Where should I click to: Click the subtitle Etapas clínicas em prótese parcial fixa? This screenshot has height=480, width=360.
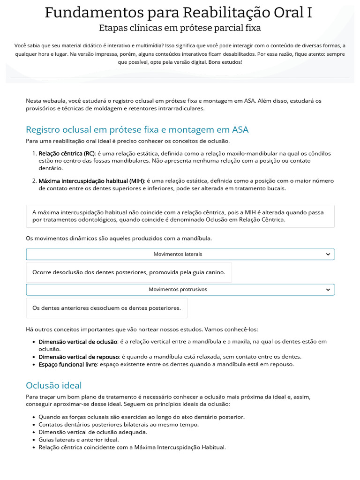click(180, 28)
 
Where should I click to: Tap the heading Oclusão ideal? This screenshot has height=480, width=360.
click(53, 385)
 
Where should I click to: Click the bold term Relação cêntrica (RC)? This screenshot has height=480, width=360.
click(67, 153)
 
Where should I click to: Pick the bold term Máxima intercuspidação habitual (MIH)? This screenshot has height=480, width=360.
click(91, 181)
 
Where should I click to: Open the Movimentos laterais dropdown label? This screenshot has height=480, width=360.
click(178, 254)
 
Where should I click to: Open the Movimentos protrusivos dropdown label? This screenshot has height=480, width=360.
click(178, 290)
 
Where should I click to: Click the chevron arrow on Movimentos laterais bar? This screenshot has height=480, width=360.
click(328, 254)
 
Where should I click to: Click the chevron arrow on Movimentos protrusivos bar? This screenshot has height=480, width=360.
click(328, 290)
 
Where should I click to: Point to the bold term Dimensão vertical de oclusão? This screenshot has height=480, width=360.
click(77, 342)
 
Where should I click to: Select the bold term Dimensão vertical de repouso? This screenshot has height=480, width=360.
click(78, 357)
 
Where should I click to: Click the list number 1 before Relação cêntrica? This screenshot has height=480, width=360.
click(34, 153)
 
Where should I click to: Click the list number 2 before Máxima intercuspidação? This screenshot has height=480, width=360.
click(34, 181)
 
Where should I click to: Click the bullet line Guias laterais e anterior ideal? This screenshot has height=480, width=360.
click(79, 440)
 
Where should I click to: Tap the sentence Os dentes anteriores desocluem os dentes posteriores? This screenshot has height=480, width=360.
click(106, 308)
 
